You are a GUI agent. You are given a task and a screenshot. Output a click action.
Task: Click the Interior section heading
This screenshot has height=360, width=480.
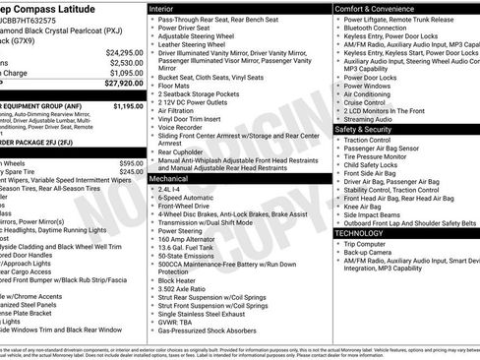click(164, 7)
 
